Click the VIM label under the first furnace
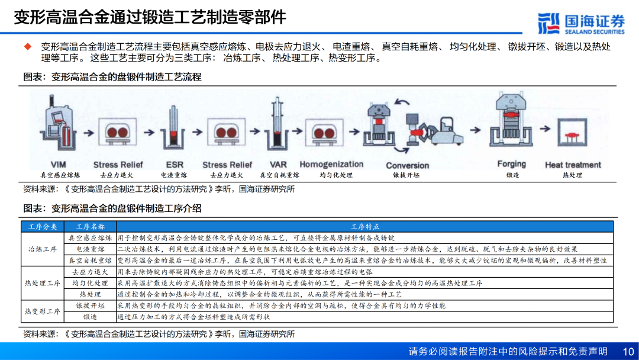(x=59, y=165)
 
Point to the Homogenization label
(x=331, y=164)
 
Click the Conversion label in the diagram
(x=407, y=165)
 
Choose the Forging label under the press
(x=511, y=164)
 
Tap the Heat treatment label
(x=573, y=165)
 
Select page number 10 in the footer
(x=628, y=351)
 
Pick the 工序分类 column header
(x=43, y=227)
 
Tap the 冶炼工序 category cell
(x=43, y=249)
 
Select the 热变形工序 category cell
(x=43, y=311)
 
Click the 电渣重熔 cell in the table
(x=91, y=249)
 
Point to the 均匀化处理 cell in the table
(x=91, y=283)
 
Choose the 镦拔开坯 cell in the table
(x=91, y=306)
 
